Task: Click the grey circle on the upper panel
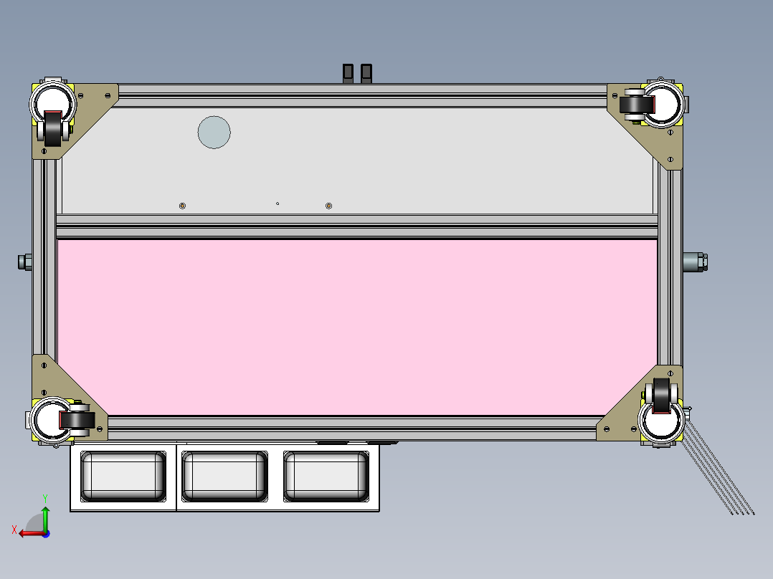(214, 132)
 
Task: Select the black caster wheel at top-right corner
(635, 105)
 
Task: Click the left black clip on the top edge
(348, 72)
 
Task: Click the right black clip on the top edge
(366, 72)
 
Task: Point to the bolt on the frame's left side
(24, 262)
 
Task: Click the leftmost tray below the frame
(123, 476)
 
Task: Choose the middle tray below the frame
(224, 476)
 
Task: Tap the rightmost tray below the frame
(326, 476)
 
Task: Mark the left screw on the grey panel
(182, 206)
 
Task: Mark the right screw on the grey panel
(328, 206)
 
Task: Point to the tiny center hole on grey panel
(278, 204)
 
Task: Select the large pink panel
(357, 327)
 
